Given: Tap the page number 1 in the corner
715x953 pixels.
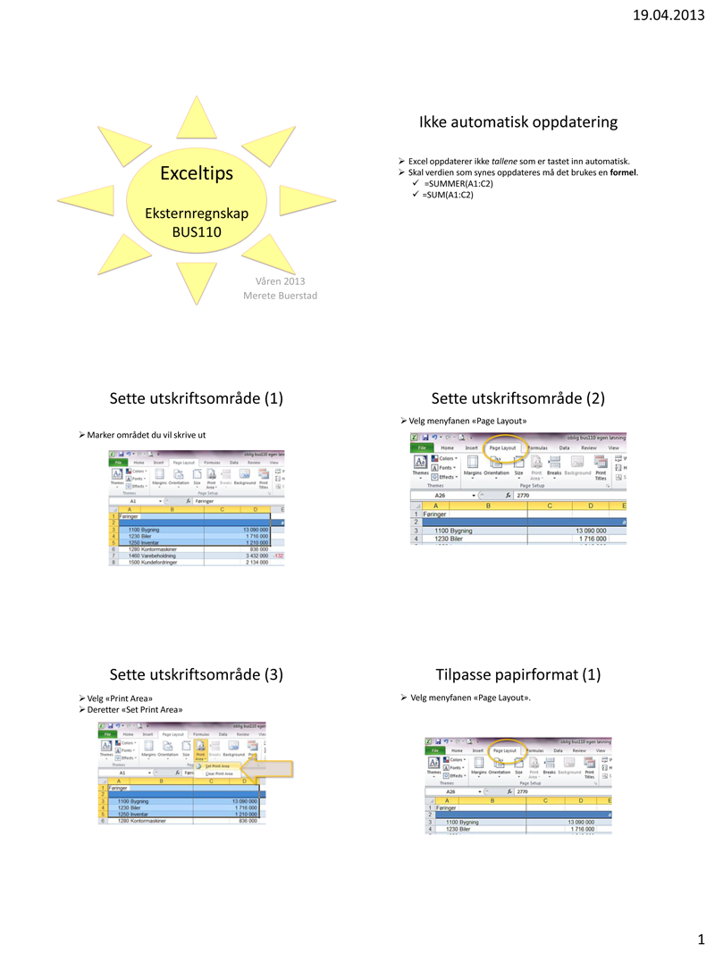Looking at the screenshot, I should tap(701, 939).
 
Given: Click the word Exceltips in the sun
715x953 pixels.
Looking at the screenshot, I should tap(197, 173).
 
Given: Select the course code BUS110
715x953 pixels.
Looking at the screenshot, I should tap(197, 232).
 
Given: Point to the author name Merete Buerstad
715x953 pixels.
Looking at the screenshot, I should tap(281, 296).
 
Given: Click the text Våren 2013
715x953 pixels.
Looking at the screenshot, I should tap(281, 281).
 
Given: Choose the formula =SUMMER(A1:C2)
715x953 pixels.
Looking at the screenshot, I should tap(458, 183).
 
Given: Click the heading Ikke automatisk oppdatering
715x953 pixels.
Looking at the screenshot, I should tap(518, 121).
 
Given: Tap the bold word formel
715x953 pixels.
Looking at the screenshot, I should tap(623, 171).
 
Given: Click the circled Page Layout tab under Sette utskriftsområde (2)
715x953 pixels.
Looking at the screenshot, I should tap(502, 447).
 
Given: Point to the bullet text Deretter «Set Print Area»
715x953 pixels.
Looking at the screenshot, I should tap(135, 709).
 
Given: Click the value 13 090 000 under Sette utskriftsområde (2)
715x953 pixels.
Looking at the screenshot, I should tap(589, 531).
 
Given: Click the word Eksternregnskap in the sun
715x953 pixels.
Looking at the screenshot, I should tap(197, 213).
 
